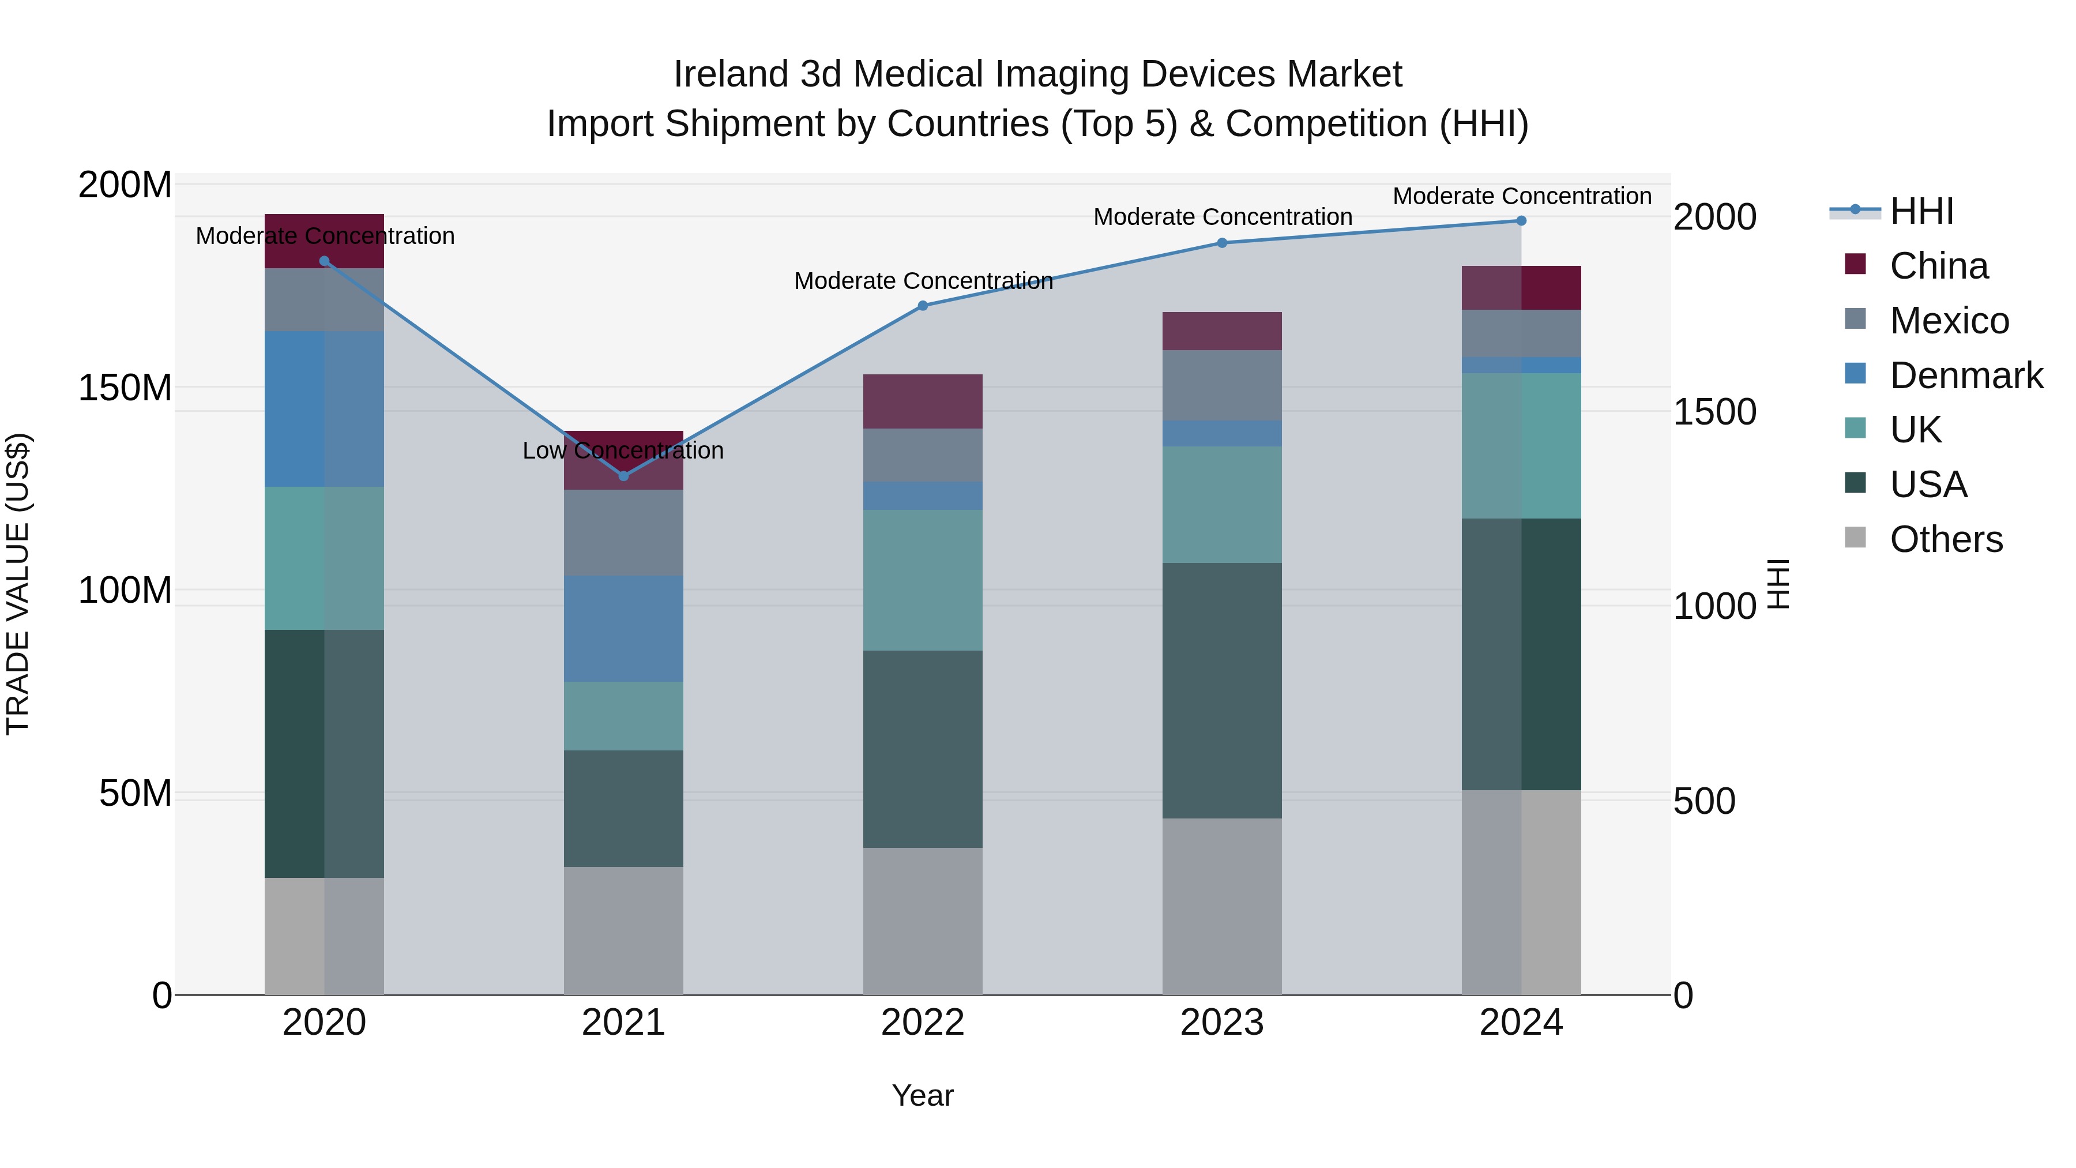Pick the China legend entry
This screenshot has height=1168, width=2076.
click(x=1938, y=266)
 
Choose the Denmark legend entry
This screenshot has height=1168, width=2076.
click(x=1966, y=375)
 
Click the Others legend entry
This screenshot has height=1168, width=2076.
click(x=1946, y=539)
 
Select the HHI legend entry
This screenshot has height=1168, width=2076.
click(x=1921, y=211)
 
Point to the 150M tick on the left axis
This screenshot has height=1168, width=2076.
click(x=125, y=388)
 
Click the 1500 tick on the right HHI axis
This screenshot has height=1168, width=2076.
click(x=1715, y=412)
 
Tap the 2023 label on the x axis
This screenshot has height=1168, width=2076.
click(x=1222, y=1023)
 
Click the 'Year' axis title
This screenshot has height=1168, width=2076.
click(x=923, y=1095)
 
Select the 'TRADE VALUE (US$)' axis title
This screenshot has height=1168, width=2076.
click(x=18, y=584)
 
